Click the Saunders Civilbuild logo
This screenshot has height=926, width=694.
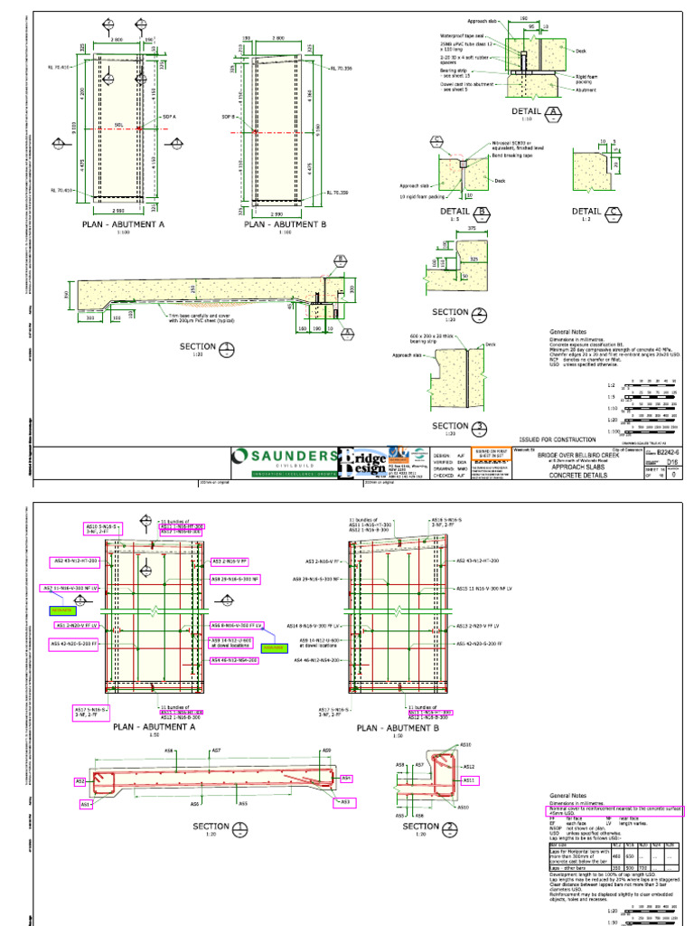284,458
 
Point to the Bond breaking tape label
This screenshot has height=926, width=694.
492,156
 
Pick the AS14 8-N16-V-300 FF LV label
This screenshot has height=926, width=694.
316,626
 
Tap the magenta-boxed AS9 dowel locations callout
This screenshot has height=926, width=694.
231,642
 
